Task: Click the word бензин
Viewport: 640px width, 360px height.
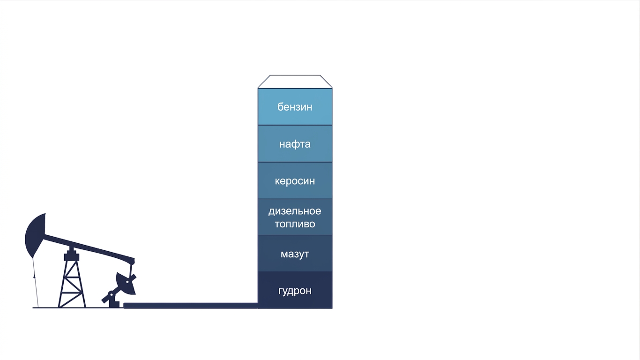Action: coord(295,107)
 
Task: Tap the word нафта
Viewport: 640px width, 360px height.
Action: coord(295,144)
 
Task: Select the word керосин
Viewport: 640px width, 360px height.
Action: coord(295,181)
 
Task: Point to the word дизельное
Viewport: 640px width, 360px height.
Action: coord(295,211)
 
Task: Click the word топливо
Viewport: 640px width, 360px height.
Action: coord(295,224)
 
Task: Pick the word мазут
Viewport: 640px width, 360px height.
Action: coord(295,254)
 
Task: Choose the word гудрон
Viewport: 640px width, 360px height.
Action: coord(295,291)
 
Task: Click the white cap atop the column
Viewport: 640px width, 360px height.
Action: coord(295,82)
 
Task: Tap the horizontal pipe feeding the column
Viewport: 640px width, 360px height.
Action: coord(191,305)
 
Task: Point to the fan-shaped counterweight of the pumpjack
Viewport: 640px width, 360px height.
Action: coord(126,283)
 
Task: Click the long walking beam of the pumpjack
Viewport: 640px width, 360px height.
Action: coord(89,248)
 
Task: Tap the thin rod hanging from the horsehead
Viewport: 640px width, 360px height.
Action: coord(36,283)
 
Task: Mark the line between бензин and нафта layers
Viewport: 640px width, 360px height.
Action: coord(295,125)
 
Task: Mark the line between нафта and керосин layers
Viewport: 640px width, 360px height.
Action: coord(295,162)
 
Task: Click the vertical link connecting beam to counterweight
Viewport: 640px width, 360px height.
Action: coord(131,270)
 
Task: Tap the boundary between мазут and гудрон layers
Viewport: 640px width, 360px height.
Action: coord(295,271)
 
